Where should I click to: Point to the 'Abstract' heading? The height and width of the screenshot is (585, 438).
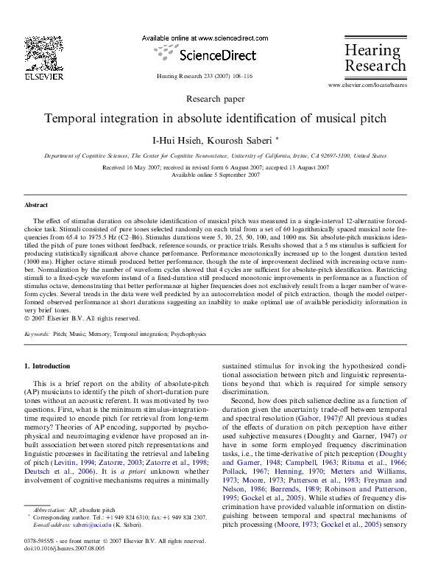click(x=36, y=205)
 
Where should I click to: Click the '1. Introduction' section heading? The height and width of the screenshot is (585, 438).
click(x=47, y=366)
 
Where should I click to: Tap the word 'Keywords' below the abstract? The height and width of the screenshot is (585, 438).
click(x=37, y=334)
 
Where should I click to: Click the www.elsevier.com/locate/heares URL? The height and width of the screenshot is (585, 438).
click(x=367, y=85)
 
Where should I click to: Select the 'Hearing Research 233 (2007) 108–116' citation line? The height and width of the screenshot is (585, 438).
click(x=205, y=76)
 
